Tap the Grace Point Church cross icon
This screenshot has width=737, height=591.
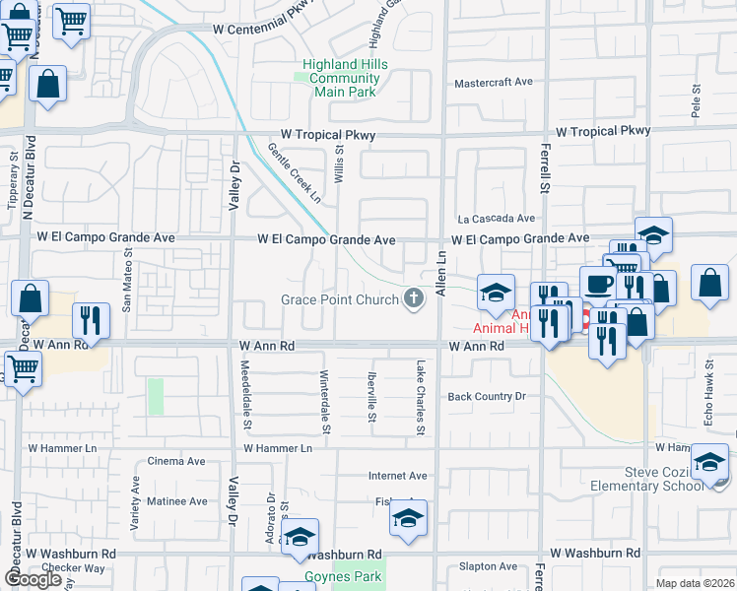[414, 299]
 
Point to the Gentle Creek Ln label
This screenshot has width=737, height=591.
[295, 172]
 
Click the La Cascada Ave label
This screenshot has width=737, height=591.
[495, 218]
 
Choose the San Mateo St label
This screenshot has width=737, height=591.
[126, 281]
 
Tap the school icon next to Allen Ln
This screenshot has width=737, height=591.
[496, 292]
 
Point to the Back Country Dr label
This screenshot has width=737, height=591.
[482, 396]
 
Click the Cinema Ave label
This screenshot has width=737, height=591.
[175, 461]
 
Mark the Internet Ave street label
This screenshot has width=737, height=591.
[397, 476]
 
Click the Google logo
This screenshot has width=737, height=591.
[33, 579]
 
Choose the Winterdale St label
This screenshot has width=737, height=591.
[325, 402]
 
